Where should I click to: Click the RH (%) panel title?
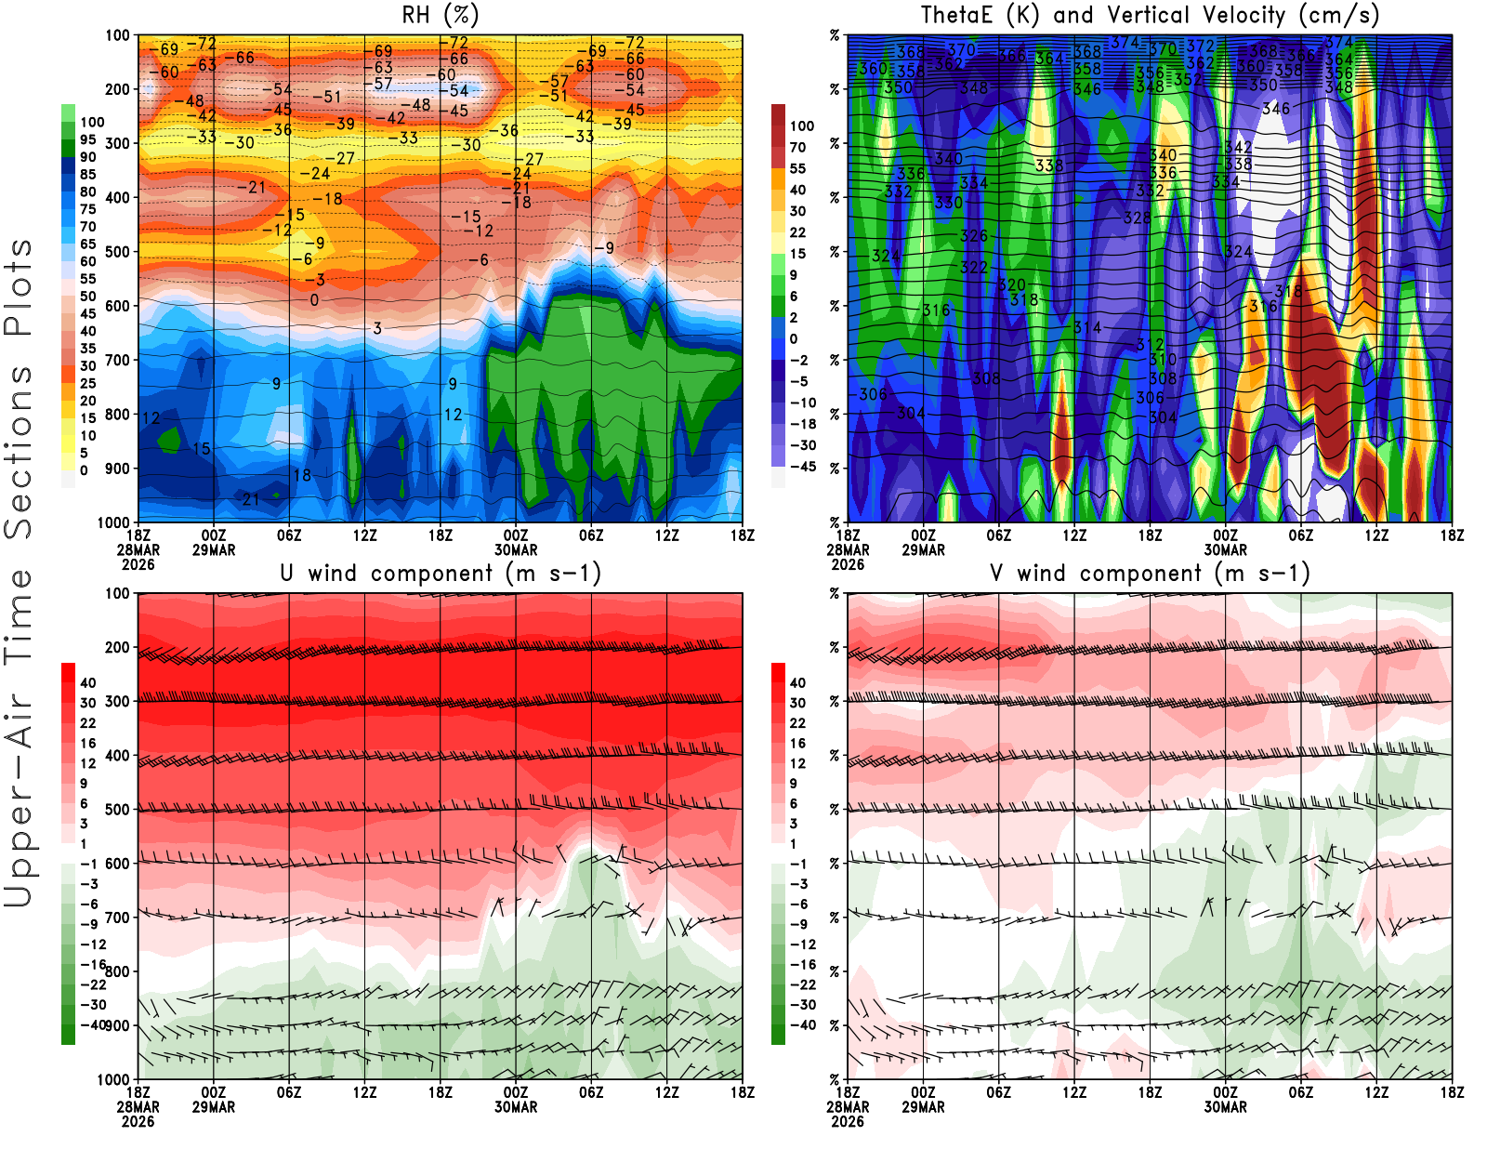440,15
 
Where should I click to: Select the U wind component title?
441,573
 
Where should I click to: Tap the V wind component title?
1150,573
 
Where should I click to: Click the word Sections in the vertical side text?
19,451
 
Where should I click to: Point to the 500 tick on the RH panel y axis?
117,251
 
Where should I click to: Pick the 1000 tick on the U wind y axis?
113,1079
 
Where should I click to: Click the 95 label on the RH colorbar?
88,139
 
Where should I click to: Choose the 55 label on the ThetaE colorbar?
797,168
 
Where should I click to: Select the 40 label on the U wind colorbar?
88,682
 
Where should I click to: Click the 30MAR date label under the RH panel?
516,549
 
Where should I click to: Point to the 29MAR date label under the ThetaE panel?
923,549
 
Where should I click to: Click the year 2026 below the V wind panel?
848,1121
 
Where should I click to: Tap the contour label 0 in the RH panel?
314,300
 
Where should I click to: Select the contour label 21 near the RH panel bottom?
251,499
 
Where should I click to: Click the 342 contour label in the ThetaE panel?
1238,147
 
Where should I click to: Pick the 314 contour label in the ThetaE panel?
1087,327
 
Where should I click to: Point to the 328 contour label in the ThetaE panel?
1138,218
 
